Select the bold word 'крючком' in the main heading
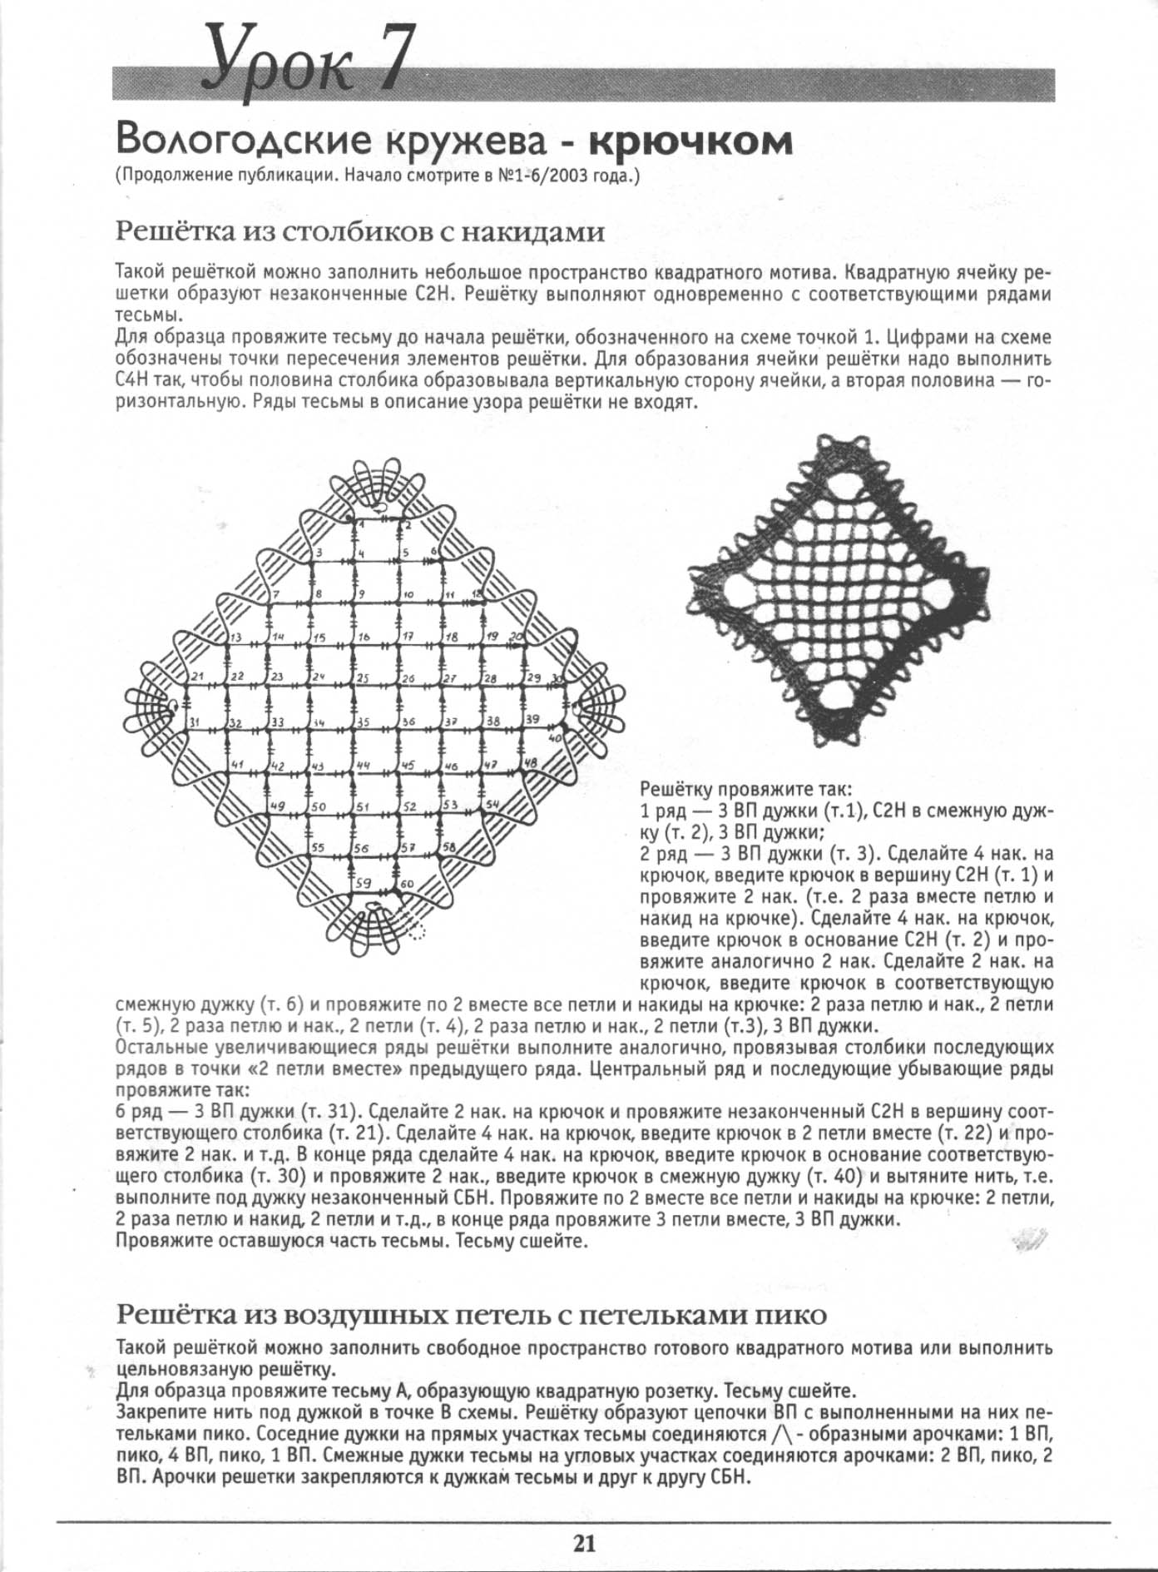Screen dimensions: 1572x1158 (690, 141)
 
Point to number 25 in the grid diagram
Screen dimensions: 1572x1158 (363, 679)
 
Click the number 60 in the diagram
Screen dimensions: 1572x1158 (407, 884)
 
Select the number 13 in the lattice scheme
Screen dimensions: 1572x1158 (236, 637)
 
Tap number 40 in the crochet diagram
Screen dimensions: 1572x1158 (556, 737)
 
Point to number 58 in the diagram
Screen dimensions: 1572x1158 (449, 846)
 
